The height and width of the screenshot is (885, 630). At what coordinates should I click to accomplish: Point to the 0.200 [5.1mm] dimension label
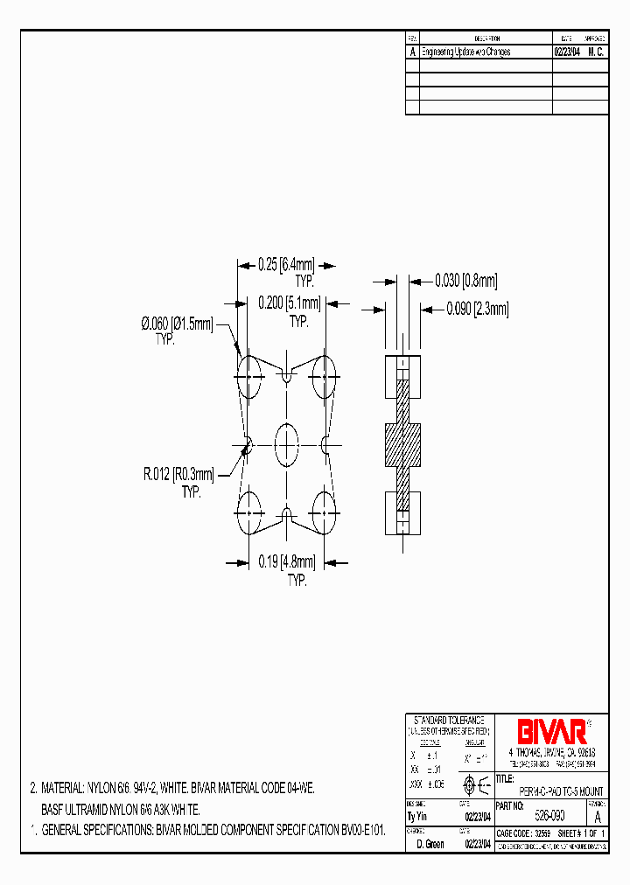290,303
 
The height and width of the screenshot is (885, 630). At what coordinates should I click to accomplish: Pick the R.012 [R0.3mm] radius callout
179,475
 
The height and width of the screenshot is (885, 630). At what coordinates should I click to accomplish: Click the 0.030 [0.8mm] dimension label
466,281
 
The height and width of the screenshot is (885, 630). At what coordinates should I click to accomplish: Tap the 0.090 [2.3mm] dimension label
478,309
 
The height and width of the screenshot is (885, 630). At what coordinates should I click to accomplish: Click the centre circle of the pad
287,445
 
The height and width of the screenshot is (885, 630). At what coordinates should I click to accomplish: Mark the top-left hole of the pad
249,377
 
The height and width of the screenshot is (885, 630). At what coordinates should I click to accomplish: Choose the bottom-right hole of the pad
325,513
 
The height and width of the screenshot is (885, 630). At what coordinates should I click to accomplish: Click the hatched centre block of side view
402,445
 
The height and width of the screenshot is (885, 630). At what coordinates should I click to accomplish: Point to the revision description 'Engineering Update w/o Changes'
466,52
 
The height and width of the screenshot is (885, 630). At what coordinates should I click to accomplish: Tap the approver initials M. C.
596,52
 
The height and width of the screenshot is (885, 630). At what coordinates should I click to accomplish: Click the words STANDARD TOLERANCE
449,718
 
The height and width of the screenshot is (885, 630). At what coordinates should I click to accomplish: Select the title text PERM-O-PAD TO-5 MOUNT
555,791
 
